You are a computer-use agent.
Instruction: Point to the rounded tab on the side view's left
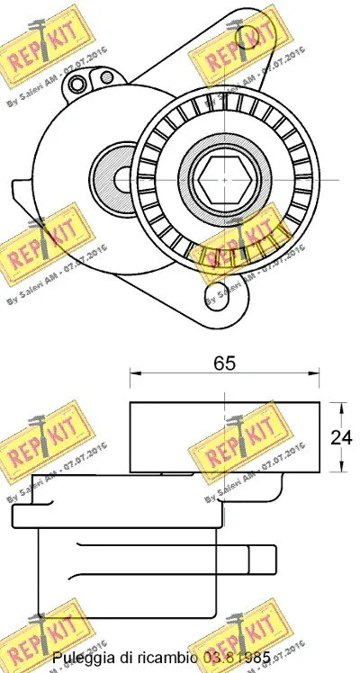(x=22, y=516)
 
